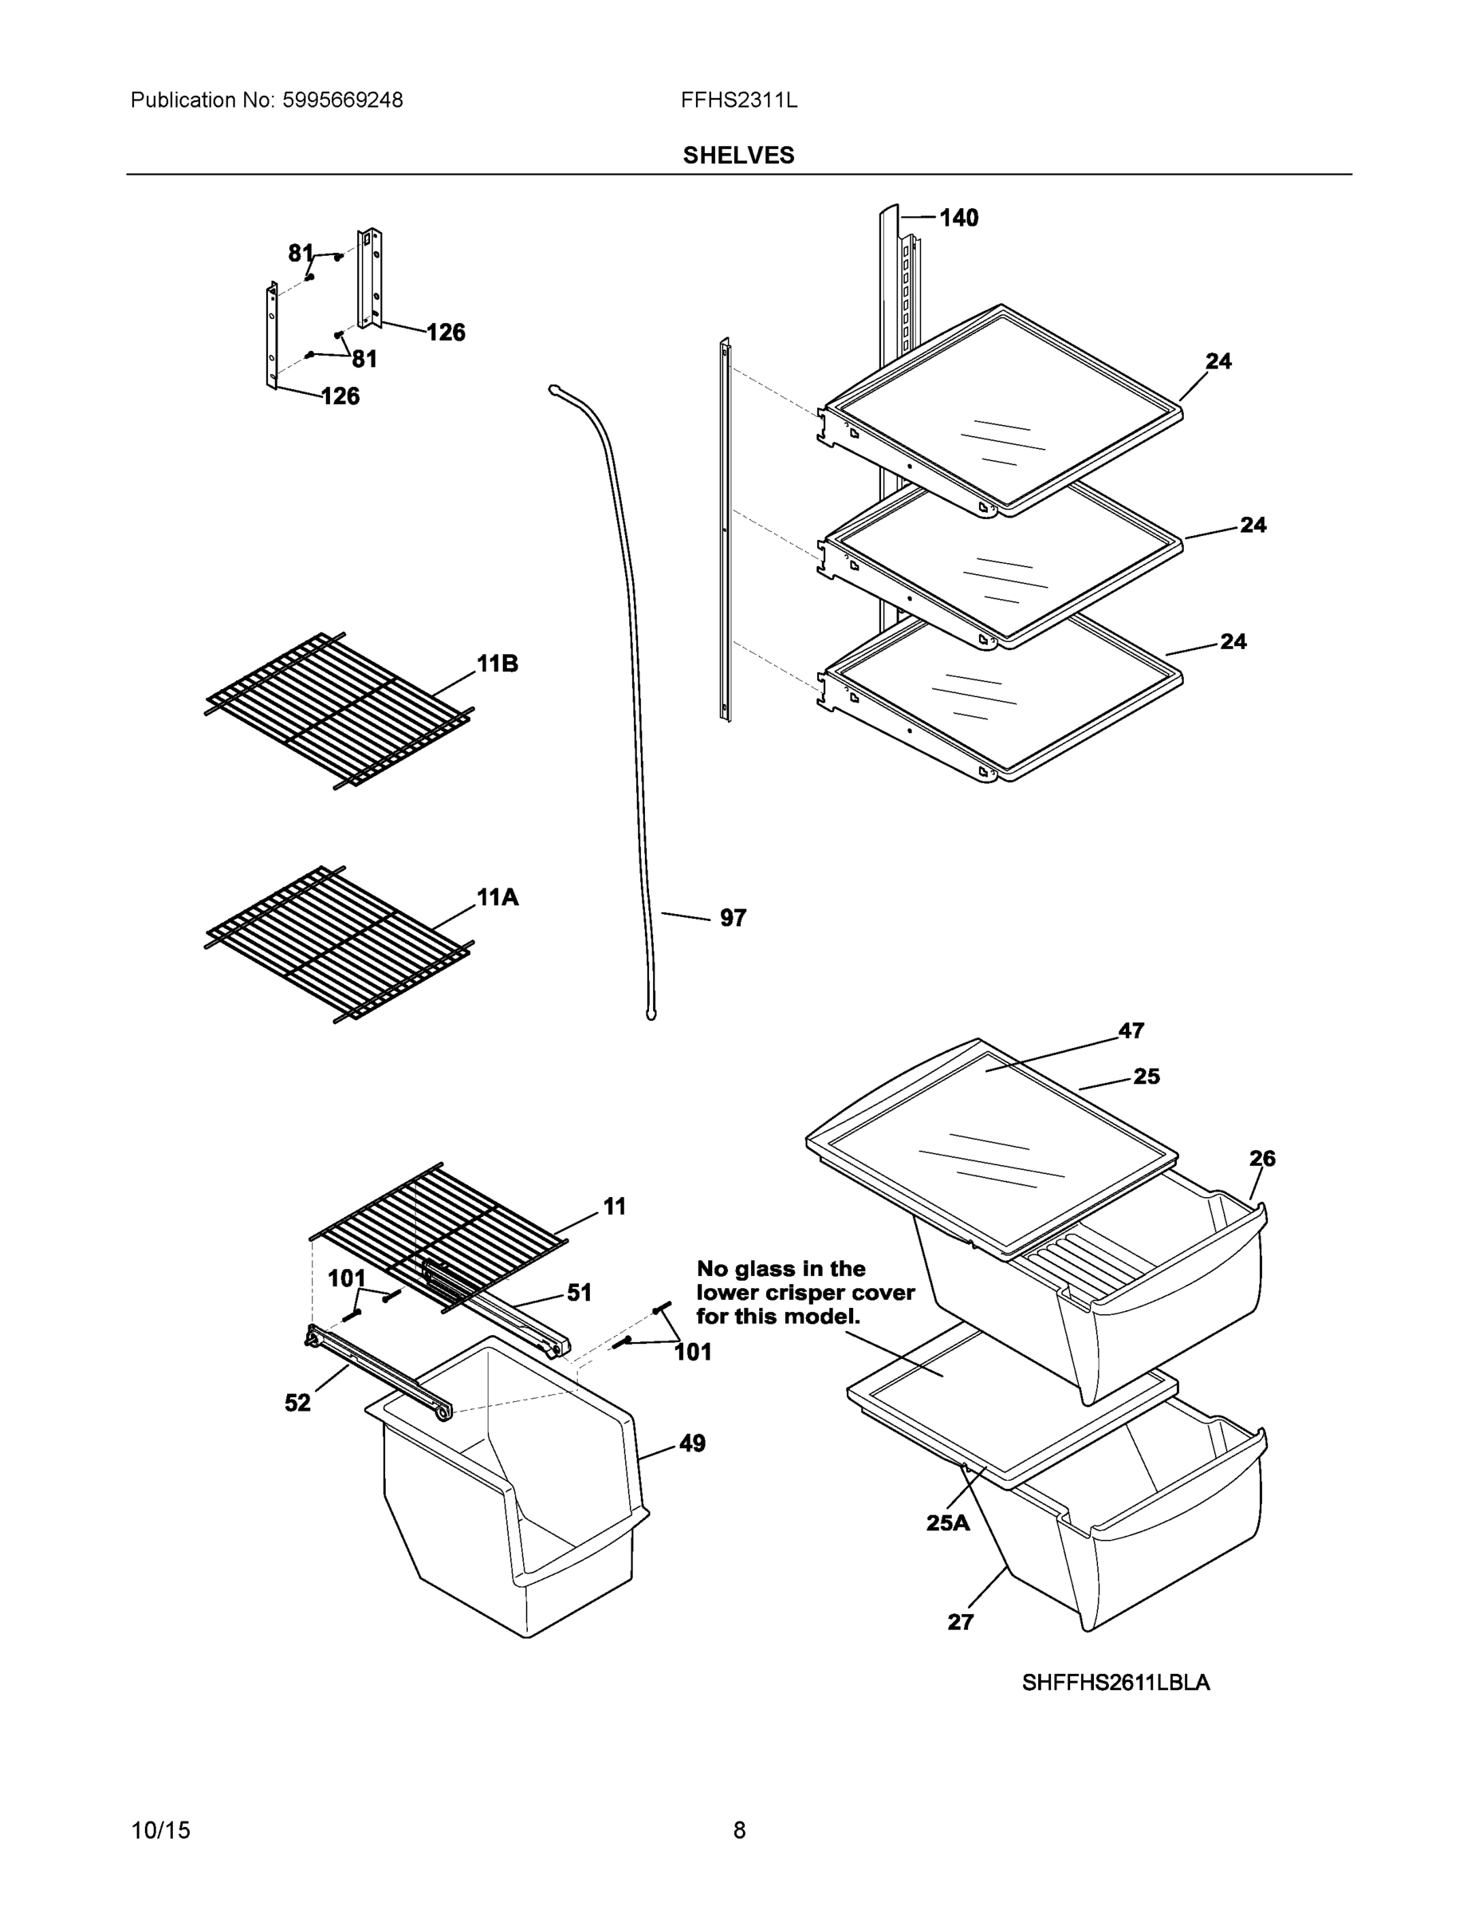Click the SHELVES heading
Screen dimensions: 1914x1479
pos(738,156)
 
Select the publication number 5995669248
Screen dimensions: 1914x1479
pos(343,100)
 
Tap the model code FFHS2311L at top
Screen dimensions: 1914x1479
pos(738,100)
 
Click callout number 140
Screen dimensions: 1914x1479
pos(958,218)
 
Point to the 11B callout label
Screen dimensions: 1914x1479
pos(497,664)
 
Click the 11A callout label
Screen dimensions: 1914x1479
pos(497,896)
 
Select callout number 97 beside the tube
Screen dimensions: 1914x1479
pos(733,918)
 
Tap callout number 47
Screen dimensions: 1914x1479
pos(1131,1030)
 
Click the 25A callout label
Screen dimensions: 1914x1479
pos(948,1523)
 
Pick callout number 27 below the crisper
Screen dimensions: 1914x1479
pos(960,1622)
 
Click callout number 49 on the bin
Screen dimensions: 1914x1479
pos(691,1443)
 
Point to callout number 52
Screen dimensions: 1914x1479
pos(298,1403)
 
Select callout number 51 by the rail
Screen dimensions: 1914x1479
pos(579,1293)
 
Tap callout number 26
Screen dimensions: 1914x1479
pos(1261,1159)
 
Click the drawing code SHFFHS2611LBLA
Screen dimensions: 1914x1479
pos(1115,1683)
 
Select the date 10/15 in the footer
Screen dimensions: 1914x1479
pos(160,1830)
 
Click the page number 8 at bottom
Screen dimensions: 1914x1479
pos(738,1830)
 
